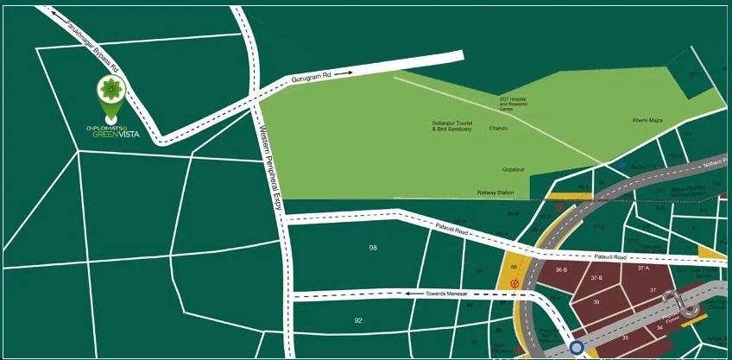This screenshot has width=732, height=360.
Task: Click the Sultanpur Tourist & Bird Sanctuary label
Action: click(452, 126)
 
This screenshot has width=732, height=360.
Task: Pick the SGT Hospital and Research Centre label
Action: click(512, 104)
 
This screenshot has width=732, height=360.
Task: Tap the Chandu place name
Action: click(498, 129)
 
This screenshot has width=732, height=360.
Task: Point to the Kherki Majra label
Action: click(646, 119)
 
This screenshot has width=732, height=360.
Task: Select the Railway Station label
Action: click(495, 193)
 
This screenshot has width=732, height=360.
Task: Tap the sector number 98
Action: click(373, 248)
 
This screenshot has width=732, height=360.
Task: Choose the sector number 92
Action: click(358, 320)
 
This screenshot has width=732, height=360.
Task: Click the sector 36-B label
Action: click(560, 271)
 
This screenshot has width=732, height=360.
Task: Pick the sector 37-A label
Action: click(643, 268)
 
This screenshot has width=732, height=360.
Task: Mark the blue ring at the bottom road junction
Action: click(576, 349)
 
